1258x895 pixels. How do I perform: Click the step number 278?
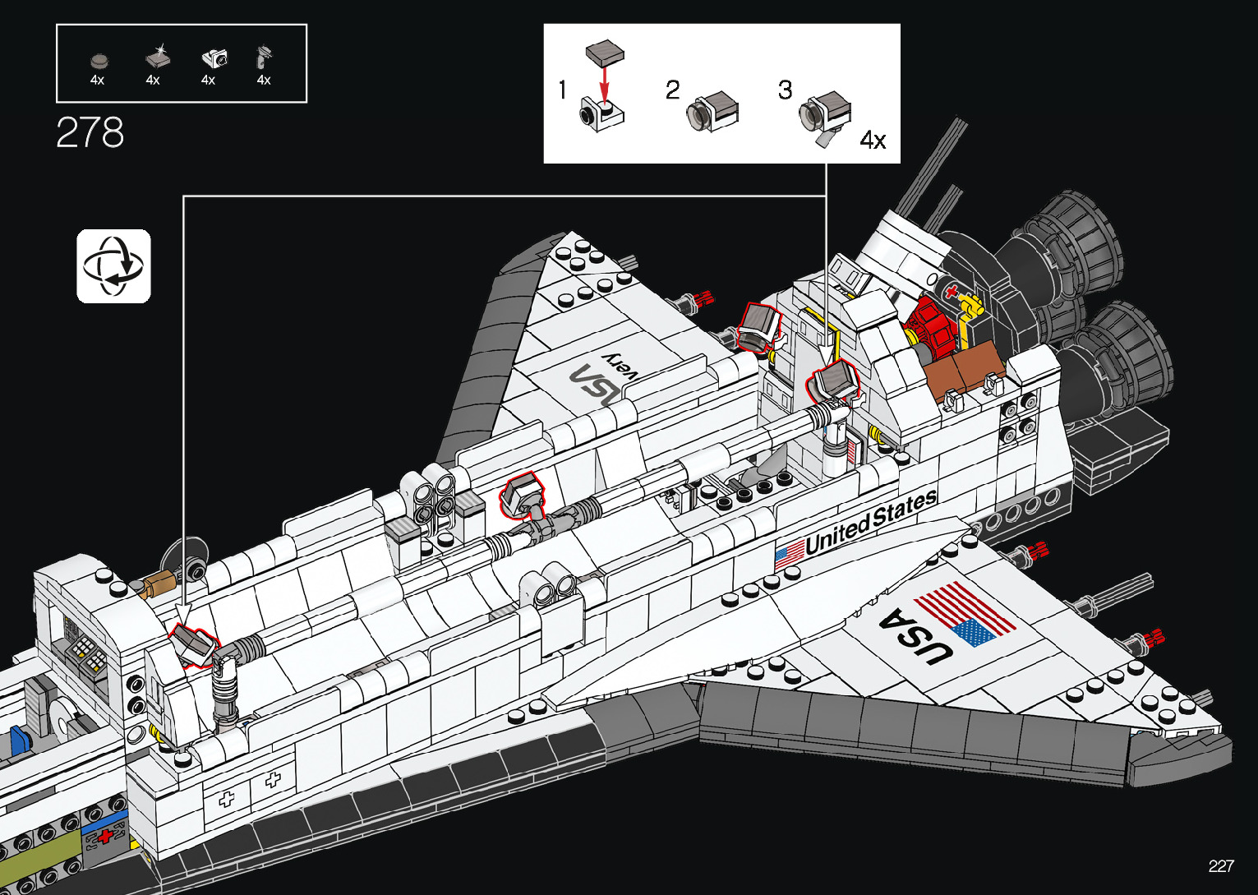[x=90, y=132]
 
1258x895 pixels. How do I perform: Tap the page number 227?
[x=1221, y=865]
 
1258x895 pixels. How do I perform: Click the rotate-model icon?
[x=114, y=266]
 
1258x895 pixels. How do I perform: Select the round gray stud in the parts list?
[x=99, y=60]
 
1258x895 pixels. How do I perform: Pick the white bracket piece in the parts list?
[x=214, y=58]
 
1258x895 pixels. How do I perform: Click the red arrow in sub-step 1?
[x=604, y=85]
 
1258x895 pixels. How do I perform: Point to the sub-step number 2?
[x=673, y=90]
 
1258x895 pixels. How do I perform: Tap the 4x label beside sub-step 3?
[x=873, y=141]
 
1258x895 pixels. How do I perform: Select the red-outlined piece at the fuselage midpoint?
[x=521, y=495]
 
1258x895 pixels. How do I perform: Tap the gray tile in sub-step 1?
[x=604, y=54]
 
